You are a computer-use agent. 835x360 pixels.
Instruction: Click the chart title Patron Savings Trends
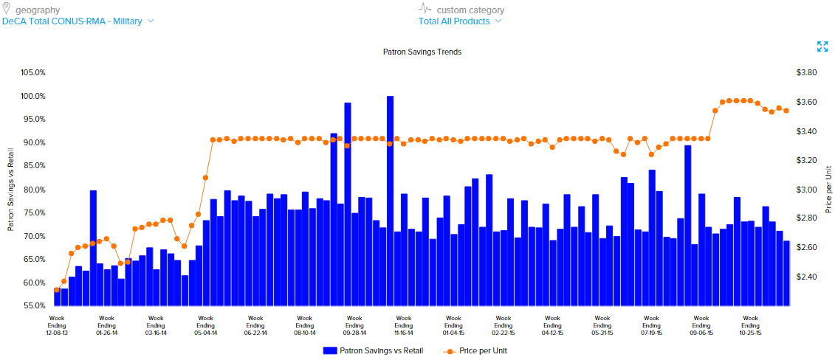click(x=422, y=52)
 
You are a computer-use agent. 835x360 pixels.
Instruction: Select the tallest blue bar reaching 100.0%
click(x=390, y=199)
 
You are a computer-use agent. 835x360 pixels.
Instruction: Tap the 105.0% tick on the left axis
click(x=34, y=73)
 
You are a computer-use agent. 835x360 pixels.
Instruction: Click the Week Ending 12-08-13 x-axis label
click(x=57, y=325)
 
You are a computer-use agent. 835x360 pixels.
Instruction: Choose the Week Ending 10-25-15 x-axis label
click(x=750, y=325)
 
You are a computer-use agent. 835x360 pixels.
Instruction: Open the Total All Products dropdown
click(x=459, y=21)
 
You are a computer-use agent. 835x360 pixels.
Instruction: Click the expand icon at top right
click(x=822, y=46)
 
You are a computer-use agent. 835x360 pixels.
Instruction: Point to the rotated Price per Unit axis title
click(x=828, y=190)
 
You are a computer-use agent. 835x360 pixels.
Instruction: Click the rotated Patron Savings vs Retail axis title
click(x=10, y=190)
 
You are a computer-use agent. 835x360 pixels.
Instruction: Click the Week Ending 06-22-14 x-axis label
click(x=255, y=325)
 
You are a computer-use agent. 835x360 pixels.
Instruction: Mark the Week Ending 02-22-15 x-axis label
click(x=503, y=325)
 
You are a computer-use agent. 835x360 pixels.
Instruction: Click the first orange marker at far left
click(x=57, y=290)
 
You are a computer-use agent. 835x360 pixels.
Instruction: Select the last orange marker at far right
click(x=786, y=111)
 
